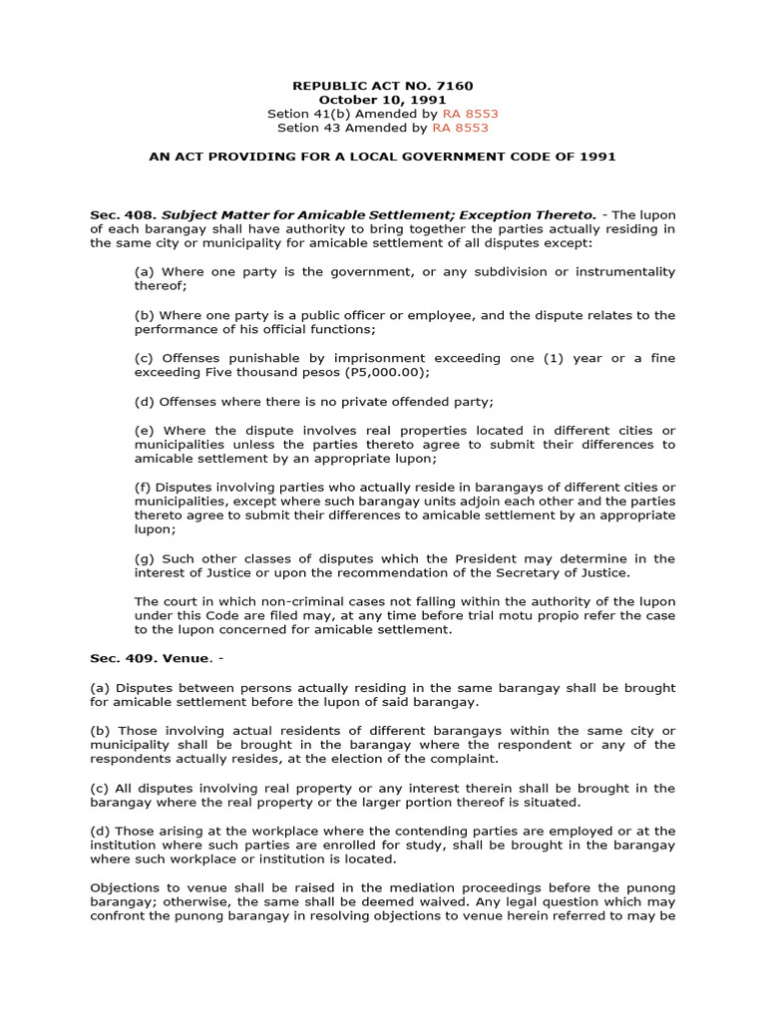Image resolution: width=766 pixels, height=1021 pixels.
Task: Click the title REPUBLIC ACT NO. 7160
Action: tap(382, 86)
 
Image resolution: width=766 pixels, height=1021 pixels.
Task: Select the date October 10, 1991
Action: tap(382, 100)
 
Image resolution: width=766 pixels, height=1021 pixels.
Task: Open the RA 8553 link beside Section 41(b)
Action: tap(463, 114)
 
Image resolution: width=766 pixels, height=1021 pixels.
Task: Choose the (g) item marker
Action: tap(144, 558)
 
